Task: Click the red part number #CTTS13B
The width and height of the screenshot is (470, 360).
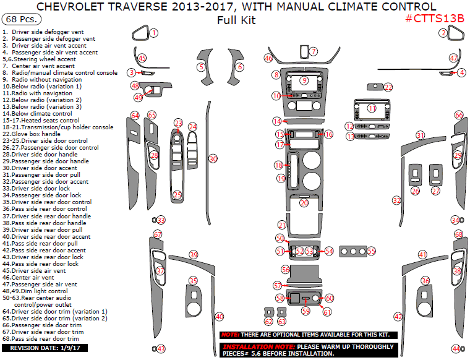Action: click(x=435, y=19)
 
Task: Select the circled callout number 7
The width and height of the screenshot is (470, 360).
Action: click(x=314, y=51)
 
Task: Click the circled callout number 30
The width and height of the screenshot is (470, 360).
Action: click(x=213, y=159)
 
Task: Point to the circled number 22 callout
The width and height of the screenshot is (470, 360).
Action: click(x=388, y=87)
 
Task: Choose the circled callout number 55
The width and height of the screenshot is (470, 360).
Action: click(x=371, y=251)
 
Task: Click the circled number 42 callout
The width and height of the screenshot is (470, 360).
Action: click(x=399, y=317)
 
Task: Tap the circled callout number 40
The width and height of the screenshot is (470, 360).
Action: click(x=220, y=317)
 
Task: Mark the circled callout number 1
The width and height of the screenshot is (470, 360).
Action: click(x=154, y=32)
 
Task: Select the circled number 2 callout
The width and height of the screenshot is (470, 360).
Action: click(x=443, y=33)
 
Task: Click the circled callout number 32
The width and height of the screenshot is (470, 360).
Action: click(x=396, y=200)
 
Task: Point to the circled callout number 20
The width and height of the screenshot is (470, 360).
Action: click(x=304, y=203)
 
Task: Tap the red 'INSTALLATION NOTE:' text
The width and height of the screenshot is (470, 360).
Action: click(x=259, y=346)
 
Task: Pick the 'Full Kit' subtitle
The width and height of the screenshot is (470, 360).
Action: click(x=236, y=20)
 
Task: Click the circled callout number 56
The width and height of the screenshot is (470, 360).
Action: click(x=285, y=270)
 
